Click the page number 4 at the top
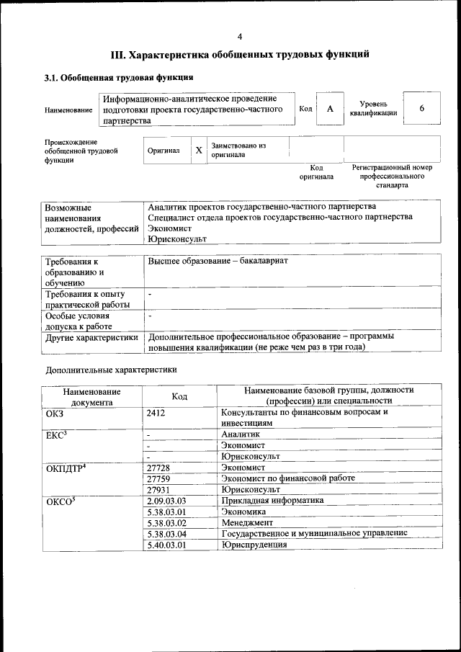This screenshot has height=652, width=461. [x=240, y=37]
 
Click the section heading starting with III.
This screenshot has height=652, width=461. [x=240, y=55]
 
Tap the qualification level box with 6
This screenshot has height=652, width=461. [x=421, y=108]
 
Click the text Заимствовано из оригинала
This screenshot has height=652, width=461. [x=238, y=150]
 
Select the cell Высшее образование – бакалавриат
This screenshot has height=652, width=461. [x=218, y=260]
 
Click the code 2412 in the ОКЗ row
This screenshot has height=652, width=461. [x=156, y=413]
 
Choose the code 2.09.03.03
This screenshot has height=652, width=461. [x=166, y=500]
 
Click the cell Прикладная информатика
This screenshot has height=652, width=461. [x=273, y=500]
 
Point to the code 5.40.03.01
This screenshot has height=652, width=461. [x=166, y=545]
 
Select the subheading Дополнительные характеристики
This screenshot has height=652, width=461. [x=110, y=370]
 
